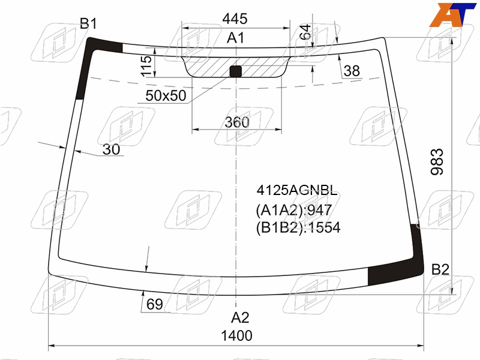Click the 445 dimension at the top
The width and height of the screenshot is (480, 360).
point(235,19)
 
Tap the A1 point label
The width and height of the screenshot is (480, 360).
point(236,38)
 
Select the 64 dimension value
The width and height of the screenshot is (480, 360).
point(305,32)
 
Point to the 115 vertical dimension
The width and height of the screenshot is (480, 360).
point(146,66)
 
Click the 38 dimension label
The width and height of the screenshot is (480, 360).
point(352,71)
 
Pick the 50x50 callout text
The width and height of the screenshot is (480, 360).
point(166,96)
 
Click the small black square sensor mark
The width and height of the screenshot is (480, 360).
point(236,71)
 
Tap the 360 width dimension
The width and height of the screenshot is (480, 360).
point(237,122)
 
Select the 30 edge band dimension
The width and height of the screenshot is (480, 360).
point(112,149)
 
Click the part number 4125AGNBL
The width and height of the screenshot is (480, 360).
point(297,190)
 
